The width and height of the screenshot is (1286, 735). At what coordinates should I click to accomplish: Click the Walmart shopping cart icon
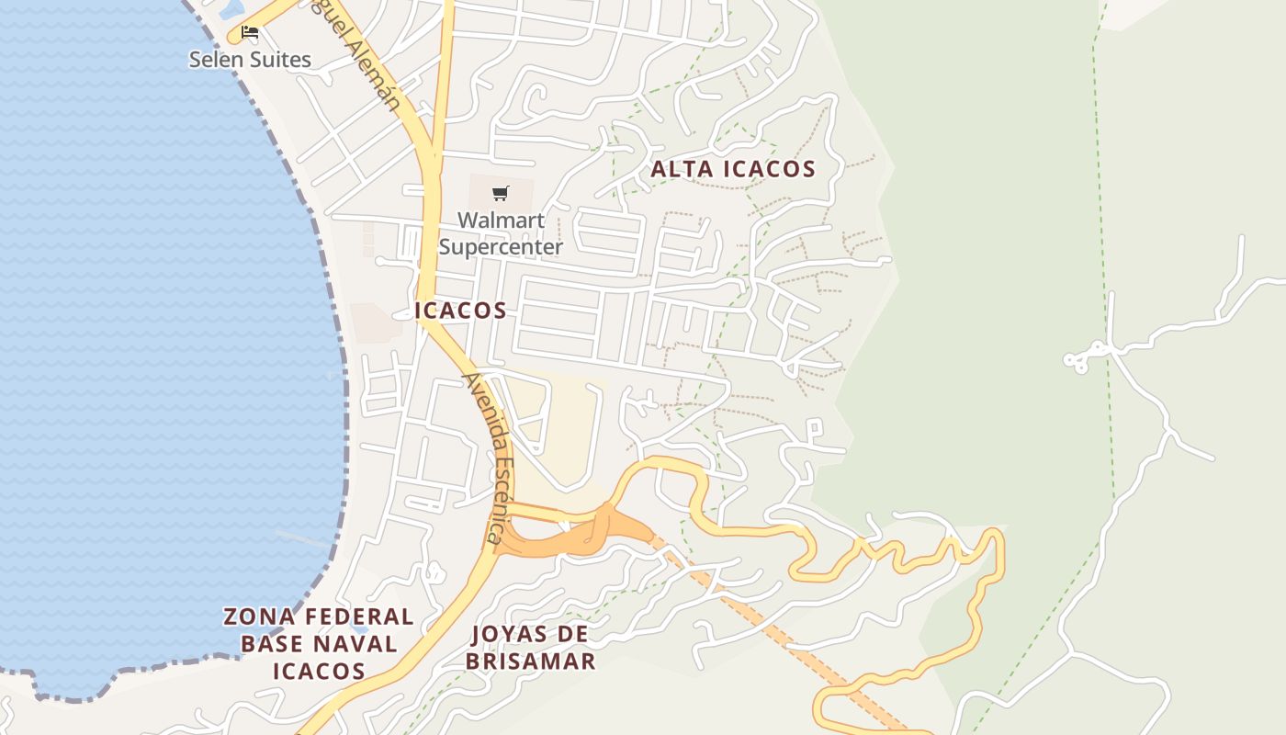[x=500, y=193]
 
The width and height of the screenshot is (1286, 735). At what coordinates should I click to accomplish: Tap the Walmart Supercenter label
[x=501, y=233]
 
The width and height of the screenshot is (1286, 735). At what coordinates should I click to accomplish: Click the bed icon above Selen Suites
[x=249, y=34]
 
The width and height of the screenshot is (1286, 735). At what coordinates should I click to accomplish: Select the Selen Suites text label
[x=250, y=60]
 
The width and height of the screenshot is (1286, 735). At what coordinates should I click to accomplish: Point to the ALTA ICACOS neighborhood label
[x=733, y=169]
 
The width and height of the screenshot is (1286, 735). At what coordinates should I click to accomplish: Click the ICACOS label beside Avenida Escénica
[x=461, y=311]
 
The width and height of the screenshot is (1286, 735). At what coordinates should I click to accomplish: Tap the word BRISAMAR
[x=530, y=661]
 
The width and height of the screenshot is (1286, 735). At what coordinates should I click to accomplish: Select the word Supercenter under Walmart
[x=501, y=247]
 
